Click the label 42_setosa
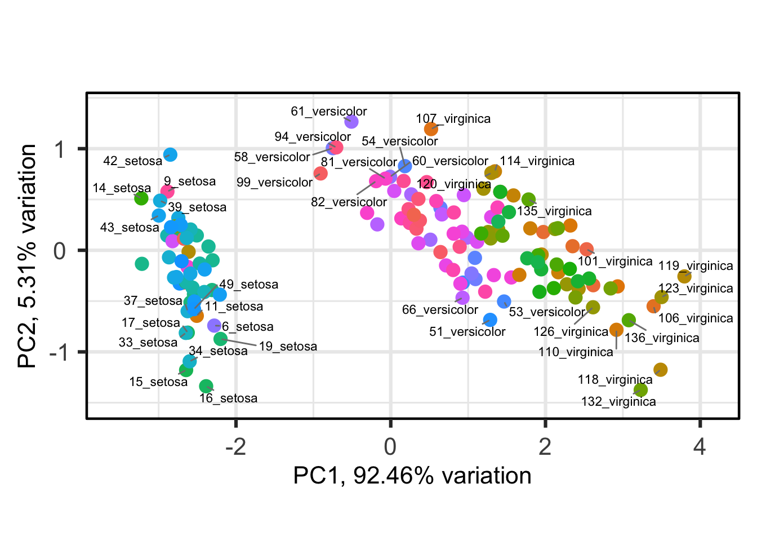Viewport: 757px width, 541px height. [132, 161]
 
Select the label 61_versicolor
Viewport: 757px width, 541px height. [328, 112]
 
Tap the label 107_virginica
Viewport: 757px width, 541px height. [453, 119]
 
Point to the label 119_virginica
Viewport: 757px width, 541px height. [696, 266]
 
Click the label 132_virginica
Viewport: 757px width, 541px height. [618, 402]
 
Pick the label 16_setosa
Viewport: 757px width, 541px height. [228, 398]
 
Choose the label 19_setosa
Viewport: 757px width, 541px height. [288, 347]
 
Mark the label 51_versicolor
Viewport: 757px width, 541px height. [467, 331]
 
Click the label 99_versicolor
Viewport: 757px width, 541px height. [274, 183]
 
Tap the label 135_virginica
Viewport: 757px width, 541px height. [554, 211]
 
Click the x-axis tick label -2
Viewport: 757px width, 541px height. [235, 447]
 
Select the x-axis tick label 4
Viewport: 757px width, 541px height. [700, 447]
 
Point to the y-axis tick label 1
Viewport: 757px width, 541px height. [60, 149]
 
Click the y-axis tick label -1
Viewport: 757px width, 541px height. [59, 353]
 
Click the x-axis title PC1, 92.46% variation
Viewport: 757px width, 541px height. [412, 476]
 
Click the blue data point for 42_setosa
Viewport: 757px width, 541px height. [170, 154]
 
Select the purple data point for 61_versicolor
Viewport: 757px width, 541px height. [351, 121]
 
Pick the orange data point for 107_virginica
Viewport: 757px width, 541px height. [431, 129]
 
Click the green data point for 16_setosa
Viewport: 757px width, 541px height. [206, 386]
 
